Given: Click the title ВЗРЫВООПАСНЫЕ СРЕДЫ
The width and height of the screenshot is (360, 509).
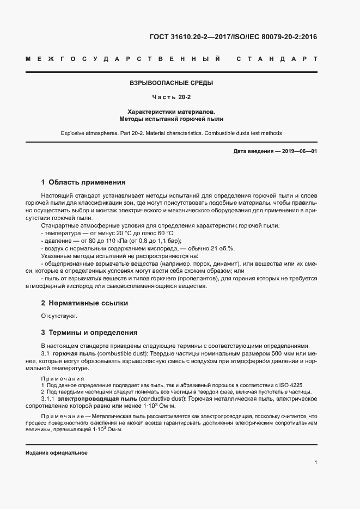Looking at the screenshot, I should tap(171, 83).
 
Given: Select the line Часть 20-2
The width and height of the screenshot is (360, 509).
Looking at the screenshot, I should tap(171, 97).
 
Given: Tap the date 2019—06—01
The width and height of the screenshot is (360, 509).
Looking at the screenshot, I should tap(298, 151).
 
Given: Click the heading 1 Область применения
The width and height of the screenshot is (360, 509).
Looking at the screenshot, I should tap(83, 182).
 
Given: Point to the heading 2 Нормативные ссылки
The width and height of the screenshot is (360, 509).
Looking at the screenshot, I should tap(85, 302).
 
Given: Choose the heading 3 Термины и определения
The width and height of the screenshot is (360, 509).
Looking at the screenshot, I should tap(89, 332).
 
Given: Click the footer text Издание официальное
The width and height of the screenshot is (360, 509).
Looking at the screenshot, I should tap(57, 453).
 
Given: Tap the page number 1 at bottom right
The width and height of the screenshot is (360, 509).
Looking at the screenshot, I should tap(316, 462).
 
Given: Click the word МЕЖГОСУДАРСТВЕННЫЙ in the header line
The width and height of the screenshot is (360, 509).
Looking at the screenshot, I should tap(123, 58).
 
